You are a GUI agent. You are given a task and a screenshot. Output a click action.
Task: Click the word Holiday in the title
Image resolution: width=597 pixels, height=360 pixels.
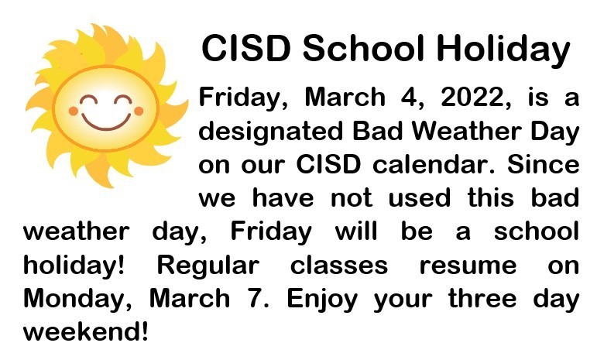click(503, 49)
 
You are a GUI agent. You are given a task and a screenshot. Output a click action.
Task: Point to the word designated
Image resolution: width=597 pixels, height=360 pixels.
click(271, 132)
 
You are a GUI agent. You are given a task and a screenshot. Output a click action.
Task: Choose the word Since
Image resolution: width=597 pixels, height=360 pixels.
click(544, 165)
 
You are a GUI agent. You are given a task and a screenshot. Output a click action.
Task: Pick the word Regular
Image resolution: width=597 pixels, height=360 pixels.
click(208, 266)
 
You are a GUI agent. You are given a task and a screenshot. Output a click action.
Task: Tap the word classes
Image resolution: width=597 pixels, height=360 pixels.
click(339, 266)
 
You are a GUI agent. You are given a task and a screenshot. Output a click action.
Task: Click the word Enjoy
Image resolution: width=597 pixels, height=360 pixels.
click(322, 300)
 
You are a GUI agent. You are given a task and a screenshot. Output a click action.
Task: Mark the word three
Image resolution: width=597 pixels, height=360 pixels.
click(482, 298)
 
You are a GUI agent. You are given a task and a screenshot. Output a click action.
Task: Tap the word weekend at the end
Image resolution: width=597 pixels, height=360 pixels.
click(83, 332)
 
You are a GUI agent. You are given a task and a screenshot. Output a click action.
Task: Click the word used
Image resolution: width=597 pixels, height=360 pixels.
click(419, 198)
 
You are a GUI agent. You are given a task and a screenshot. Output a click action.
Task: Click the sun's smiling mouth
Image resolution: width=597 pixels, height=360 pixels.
click(106, 122)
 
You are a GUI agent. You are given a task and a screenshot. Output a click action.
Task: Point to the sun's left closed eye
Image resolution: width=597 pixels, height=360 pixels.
click(88, 100)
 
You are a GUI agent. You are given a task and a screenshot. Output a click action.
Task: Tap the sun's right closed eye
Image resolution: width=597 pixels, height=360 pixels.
click(123, 100)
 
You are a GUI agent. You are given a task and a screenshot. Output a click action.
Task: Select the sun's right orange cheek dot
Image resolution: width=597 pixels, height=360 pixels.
click(139, 111)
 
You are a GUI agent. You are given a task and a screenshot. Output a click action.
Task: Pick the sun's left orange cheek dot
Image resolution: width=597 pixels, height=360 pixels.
click(73, 111)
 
